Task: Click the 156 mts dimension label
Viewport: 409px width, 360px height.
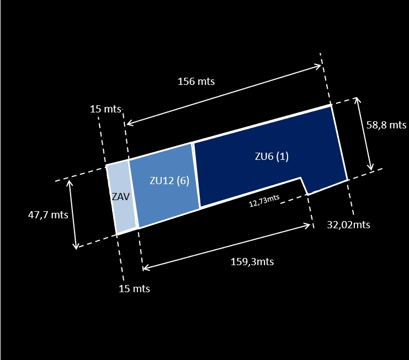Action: (196, 81)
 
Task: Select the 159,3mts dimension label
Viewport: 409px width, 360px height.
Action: (252, 261)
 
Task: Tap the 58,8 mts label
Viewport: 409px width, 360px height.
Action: (386, 125)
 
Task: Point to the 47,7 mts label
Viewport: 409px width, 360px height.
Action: (48, 215)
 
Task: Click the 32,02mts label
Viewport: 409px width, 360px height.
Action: (348, 224)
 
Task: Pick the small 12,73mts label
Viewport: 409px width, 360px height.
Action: (264, 201)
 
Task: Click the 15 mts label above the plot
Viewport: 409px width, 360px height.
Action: (105, 109)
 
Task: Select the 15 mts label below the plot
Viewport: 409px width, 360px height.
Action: (134, 289)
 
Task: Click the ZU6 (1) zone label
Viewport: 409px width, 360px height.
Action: (272, 157)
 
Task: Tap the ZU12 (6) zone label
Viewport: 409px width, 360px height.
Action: (169, 180)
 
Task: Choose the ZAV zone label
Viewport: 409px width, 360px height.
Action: (120, 197)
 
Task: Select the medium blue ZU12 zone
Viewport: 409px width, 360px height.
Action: (164, 185)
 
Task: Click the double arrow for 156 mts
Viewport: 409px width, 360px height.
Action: (224, 95)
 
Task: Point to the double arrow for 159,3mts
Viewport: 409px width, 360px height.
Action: (226, 246)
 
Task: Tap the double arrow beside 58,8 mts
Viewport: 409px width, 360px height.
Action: (364, 134)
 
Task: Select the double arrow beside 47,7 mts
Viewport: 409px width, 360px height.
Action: (73, 214)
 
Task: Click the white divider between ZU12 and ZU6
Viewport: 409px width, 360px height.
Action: (196, 175)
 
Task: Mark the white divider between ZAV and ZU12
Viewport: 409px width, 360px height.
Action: (133, 194)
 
